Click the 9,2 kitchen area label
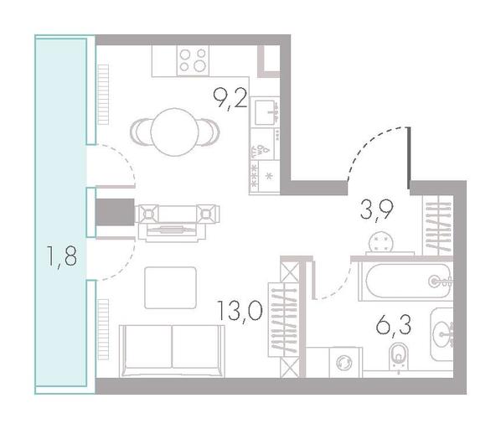tap(230, 99)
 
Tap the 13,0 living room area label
tap(240, 311)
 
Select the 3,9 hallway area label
tap(376, 210)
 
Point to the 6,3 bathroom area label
tap(393, 325)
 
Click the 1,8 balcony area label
tap(62, 256)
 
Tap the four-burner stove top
tap(193, 60)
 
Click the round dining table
tap(174, 132)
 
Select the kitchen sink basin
tap(265, 112)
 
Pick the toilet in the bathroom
tap(398, 357)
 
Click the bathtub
tap(405, 282)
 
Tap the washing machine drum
tap(344, 363)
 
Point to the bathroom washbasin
tap(442, 334)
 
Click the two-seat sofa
tap(172, 351)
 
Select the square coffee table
tap(170, 287)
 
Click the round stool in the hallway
tap(381, 242)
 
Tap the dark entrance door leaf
tap(409, 158)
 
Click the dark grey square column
tap(115, 212)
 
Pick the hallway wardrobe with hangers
tap(437, 225)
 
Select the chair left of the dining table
tap(142, 132)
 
